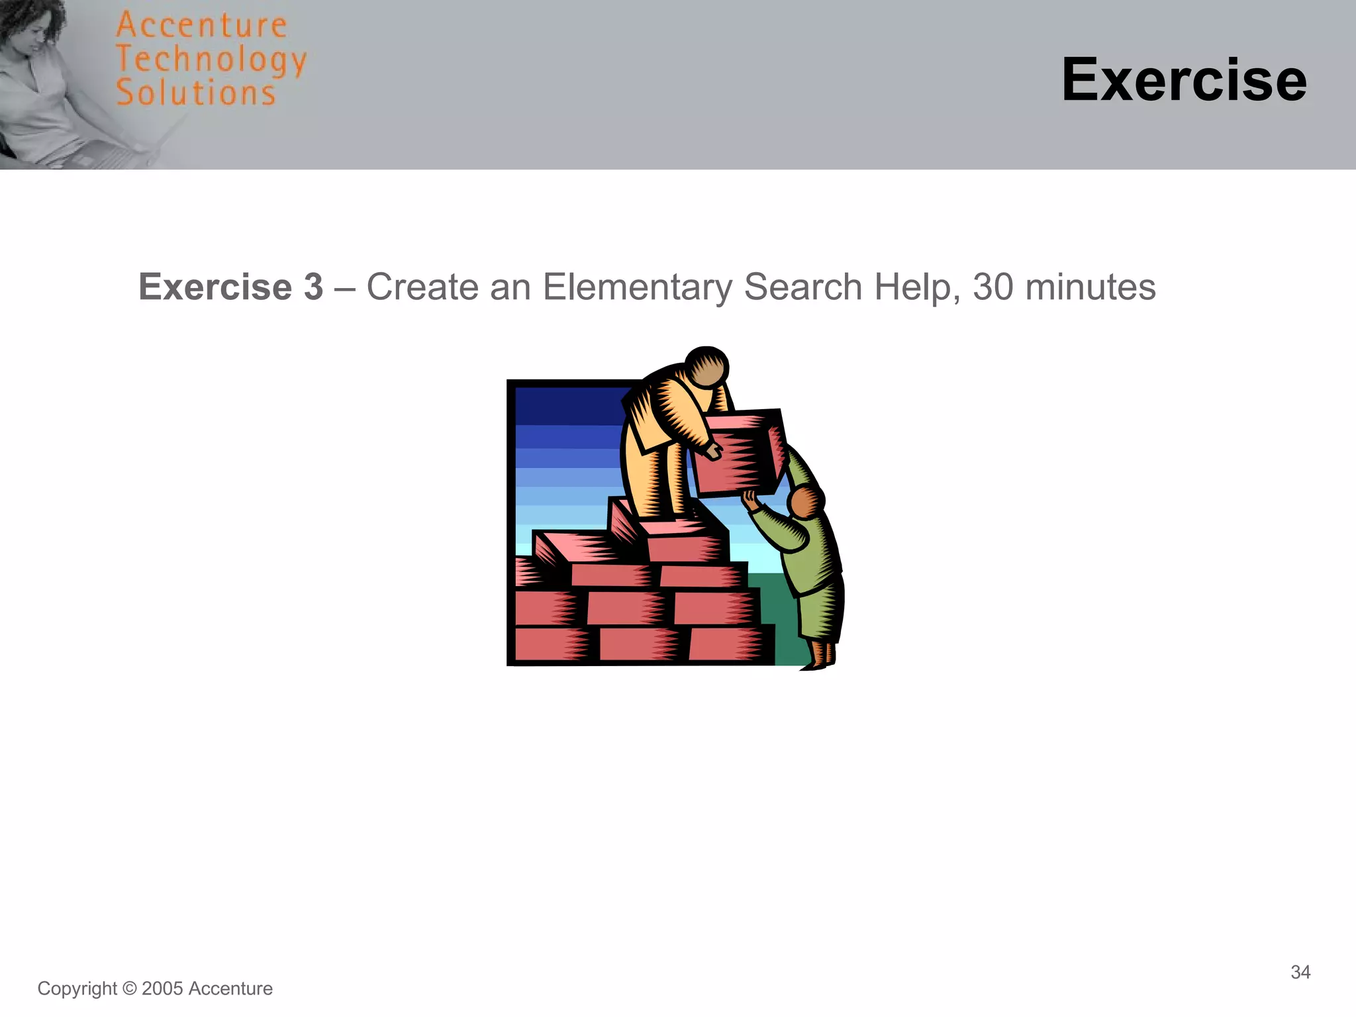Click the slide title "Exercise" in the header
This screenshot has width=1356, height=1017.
point(1184,80)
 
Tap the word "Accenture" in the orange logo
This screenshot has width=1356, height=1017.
point(201,26)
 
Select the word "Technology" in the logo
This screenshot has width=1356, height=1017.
point(211,60)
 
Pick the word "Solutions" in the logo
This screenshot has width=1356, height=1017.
point(196,93)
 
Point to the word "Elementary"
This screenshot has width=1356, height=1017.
point(637,287)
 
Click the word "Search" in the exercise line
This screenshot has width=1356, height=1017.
point(803,287)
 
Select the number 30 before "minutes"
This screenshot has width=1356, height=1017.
point(993,287)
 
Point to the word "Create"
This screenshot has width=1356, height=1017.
point(422,287)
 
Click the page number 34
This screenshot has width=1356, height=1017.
point(1300,972)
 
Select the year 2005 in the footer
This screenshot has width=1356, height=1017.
point(162,989)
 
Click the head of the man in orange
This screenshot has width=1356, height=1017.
point(706,366)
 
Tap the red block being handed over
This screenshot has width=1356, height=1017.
point(738,454)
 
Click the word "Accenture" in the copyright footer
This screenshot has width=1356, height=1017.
point(230,989)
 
